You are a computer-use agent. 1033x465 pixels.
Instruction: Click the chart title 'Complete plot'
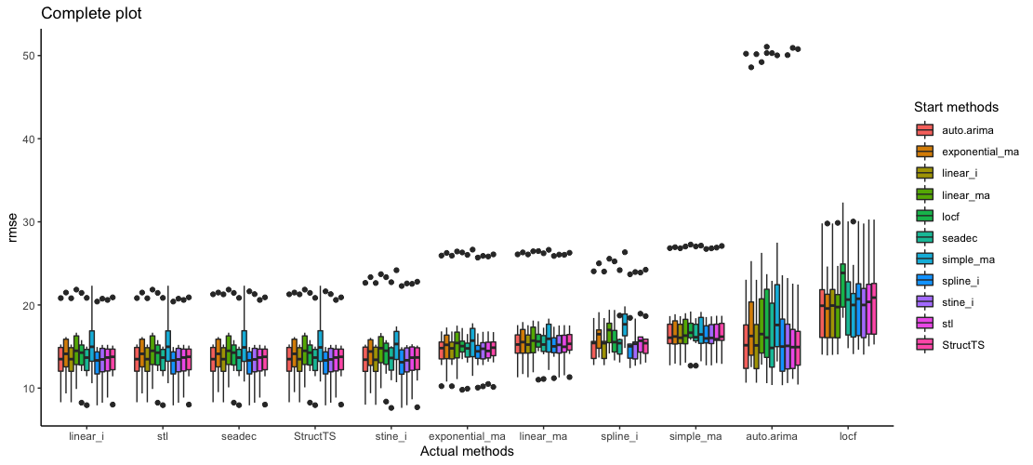point(91,14)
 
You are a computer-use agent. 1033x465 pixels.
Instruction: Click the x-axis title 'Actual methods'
point(467,451)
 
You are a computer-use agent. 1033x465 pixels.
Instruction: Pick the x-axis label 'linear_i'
point(86,435)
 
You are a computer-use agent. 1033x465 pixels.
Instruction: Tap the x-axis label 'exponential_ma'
point(467,435)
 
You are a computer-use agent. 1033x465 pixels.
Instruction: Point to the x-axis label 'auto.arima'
point(771,435)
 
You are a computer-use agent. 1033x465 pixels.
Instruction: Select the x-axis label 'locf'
point(847,435)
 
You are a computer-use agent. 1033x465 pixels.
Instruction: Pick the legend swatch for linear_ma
point(924,195)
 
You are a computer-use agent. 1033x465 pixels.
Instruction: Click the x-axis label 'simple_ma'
point(695,435)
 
